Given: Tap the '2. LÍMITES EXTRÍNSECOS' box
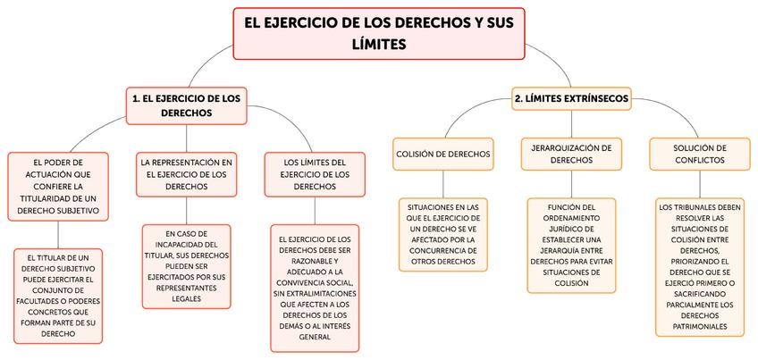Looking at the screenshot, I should [571, 98].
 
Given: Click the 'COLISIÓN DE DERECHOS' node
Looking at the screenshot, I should [443, 154].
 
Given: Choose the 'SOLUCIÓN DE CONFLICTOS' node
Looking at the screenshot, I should [700, 153].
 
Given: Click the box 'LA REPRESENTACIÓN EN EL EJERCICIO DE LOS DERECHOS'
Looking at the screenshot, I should [187, 174].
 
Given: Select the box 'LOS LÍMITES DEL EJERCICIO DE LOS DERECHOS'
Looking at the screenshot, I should [315, 174].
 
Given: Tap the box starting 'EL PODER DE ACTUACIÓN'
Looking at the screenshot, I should [57, 187].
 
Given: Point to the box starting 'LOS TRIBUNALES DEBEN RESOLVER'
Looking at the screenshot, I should [699, 267].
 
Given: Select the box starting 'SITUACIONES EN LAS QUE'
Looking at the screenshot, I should [443, 235].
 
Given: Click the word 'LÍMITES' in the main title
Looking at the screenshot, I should [379, 44].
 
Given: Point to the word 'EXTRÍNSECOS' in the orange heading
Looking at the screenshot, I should [595, 98].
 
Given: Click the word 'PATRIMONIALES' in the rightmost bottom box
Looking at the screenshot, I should [699, 326].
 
